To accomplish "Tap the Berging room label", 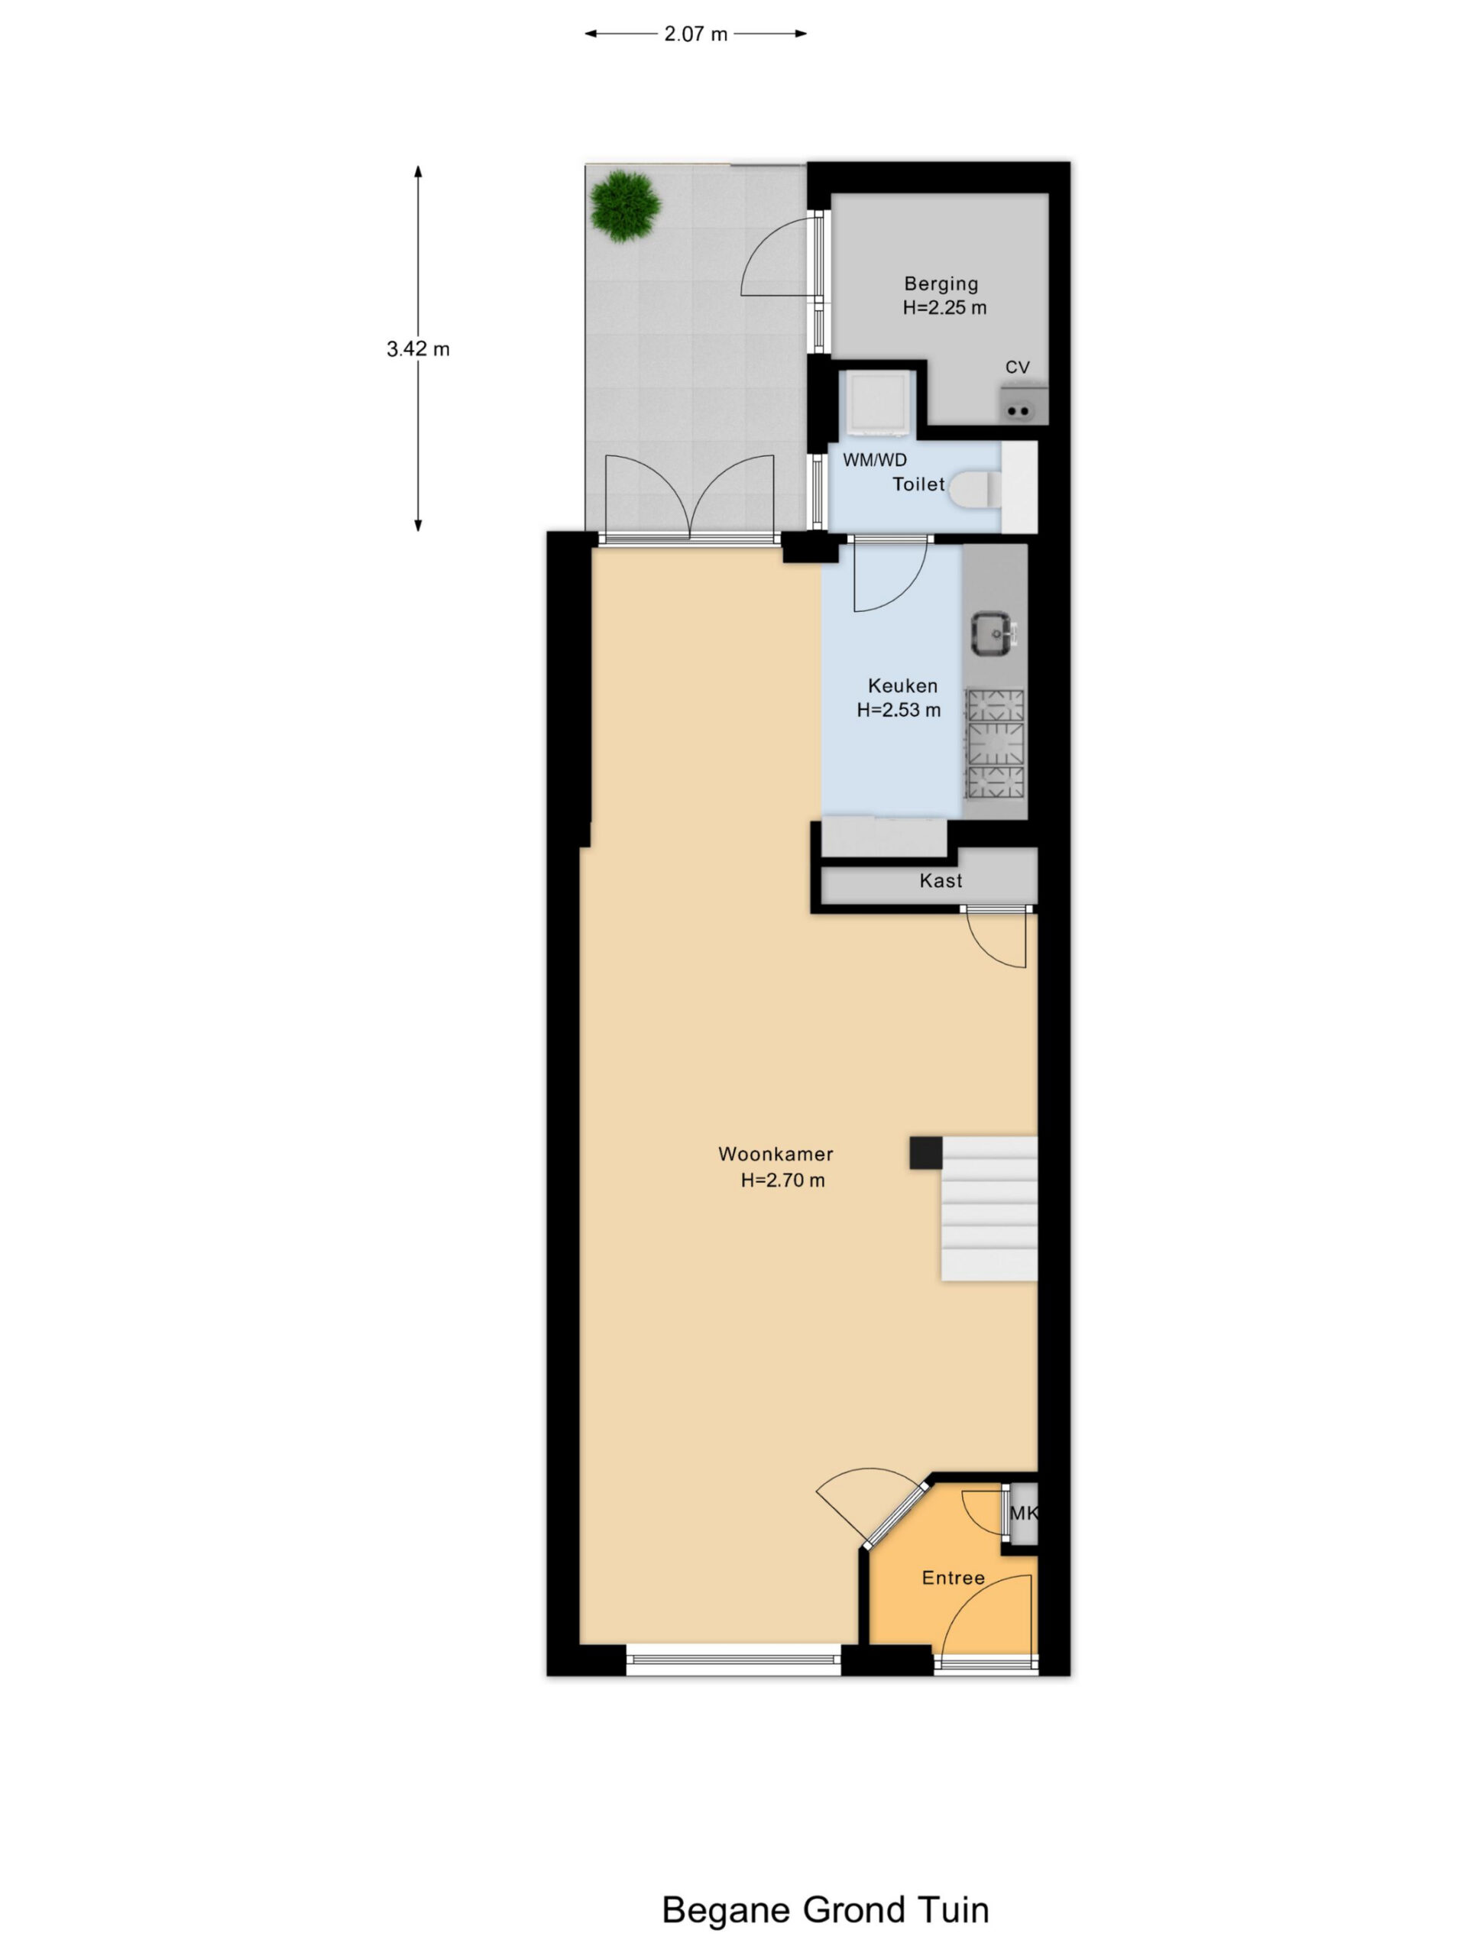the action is [x=941, y=284].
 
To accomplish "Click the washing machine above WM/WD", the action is [x=877, y=403].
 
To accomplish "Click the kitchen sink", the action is [x=994, y=634].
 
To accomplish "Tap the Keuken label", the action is [x=902, y=685].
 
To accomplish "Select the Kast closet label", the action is [x=940, y=880].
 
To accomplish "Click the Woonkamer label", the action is [x=776, y=1154].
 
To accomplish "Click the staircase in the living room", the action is [x=989, y=1208].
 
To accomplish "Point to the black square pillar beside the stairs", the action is [x=926, y=1153].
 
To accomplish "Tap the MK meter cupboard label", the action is [x=1023, y=1513].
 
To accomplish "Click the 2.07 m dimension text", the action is [x=696, y=34].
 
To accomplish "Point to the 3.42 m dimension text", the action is [x=418, y=348].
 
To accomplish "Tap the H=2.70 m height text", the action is [x=782, y=1180].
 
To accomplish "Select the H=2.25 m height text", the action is [x=944, y=308].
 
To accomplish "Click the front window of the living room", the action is [x=733, y=1662].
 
